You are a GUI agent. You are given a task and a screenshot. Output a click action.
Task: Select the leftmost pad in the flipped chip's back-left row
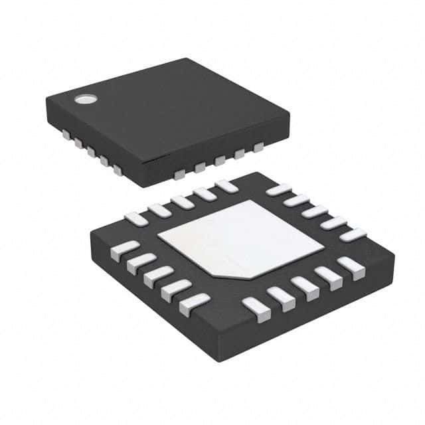click(136, 218)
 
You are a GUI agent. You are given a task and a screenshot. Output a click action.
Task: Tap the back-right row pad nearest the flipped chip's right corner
click(353, 234)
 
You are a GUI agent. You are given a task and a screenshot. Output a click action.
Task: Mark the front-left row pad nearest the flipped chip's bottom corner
click(194, 303)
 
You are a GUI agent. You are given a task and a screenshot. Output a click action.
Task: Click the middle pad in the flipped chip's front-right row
click(305, 285)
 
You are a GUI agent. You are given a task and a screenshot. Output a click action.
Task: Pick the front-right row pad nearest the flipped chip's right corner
click(351, 266)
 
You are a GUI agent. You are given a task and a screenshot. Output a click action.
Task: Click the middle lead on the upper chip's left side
click(90, 151)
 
